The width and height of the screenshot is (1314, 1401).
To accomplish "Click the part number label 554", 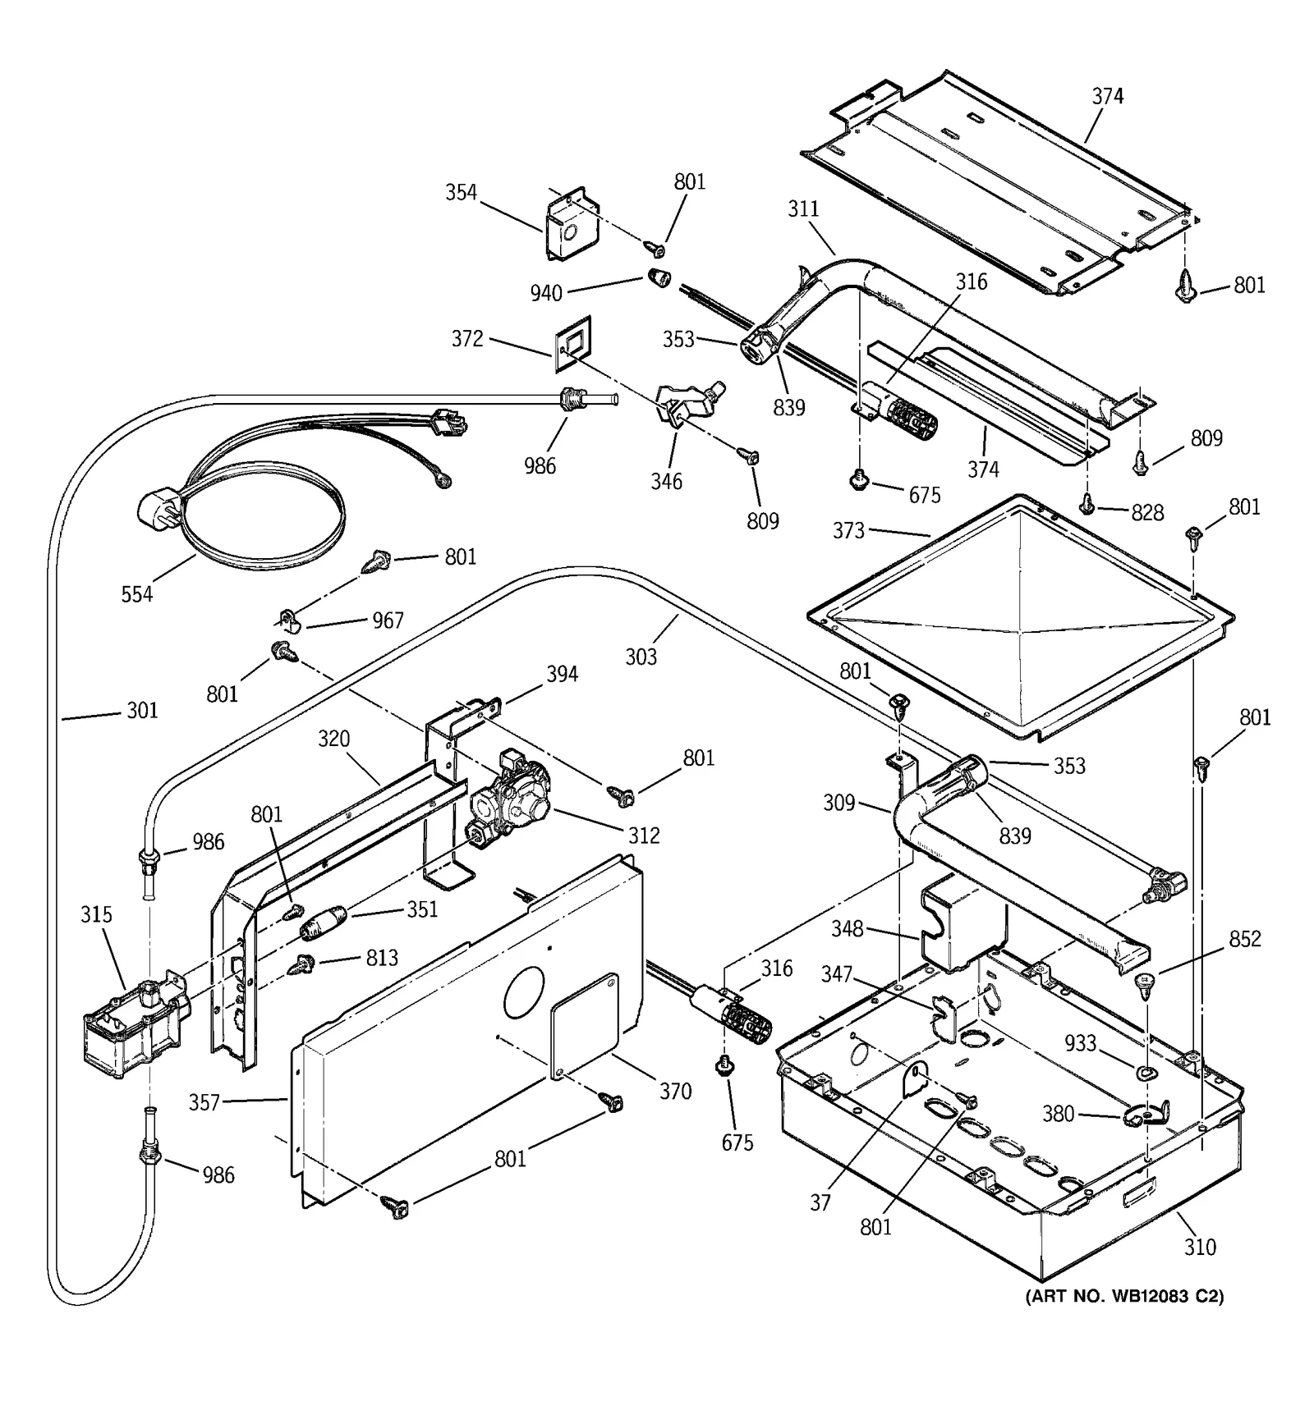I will pos(137,594).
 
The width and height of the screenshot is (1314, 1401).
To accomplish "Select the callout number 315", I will pos(96,914).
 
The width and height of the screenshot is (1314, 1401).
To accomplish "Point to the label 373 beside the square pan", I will pos(848,530).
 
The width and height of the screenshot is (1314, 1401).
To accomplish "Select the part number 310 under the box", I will pos(1200,1248).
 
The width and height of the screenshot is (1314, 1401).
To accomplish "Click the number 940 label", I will pos(546,293).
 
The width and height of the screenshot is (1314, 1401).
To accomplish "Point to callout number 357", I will pos(204,1102).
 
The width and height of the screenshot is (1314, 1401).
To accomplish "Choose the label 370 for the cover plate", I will pos(675,1091).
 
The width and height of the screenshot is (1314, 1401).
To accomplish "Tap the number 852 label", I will pos(1245,938).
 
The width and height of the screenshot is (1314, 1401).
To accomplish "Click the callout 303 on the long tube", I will pos(641,657).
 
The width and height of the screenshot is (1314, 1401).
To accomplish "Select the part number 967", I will pos(388,620).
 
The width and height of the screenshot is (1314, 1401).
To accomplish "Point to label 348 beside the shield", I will pos(847,928).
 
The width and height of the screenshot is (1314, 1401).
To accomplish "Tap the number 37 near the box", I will pos(820,1202).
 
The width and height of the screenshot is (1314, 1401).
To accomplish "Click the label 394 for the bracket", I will pos(563,674).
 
